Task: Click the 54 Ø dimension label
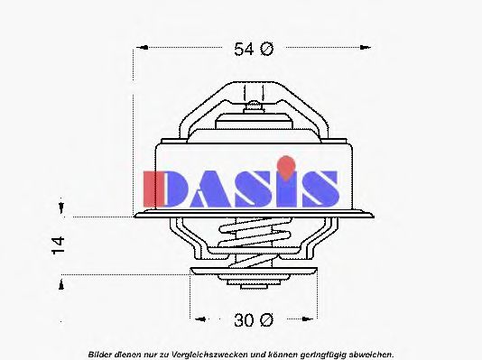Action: (253, 50)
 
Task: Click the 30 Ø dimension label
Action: (253, 318)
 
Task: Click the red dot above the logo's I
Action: (284, 164)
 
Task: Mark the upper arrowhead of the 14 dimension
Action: (60, 209)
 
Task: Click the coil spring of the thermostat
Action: (255, 242)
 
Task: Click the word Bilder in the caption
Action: (101, 353)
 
